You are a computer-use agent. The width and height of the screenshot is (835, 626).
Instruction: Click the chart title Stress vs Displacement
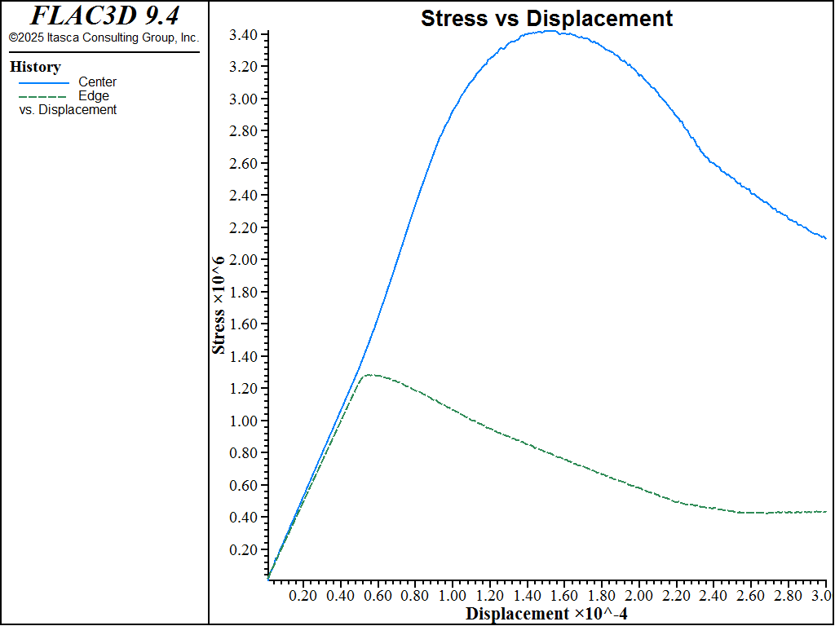pos(546,19)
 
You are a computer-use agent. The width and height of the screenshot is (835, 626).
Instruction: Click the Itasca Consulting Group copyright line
pos(104,37)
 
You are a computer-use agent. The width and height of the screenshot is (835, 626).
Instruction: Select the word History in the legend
pos(35,68)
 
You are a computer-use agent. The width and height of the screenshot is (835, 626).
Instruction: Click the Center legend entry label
pos(97,82)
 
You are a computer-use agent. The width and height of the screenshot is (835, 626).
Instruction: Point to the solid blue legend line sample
pos(43,82)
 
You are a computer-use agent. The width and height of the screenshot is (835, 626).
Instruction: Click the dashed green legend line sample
pos(43,97)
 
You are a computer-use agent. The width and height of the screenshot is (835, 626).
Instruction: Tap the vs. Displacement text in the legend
pos(68,110)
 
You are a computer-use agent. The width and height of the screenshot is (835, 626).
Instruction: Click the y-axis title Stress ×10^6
pos(219,305)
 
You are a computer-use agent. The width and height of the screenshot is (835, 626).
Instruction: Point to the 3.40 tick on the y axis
pos(244,34)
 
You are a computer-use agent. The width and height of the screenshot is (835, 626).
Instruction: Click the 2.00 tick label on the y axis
pos(244,260)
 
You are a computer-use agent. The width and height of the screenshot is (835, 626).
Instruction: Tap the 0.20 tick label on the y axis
pos(244,550)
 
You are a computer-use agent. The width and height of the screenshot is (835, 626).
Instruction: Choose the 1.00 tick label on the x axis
pos(452,596)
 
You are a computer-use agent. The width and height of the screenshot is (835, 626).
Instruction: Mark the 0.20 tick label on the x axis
pos(303,596)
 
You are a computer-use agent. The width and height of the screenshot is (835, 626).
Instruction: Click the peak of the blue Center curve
pos(550,31)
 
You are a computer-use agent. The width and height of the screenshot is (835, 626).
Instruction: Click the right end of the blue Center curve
pos(826,238)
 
